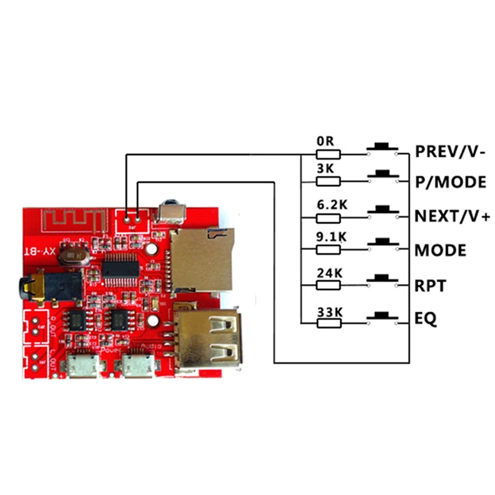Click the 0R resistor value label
325,141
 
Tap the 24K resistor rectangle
328,285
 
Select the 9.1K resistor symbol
328,249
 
